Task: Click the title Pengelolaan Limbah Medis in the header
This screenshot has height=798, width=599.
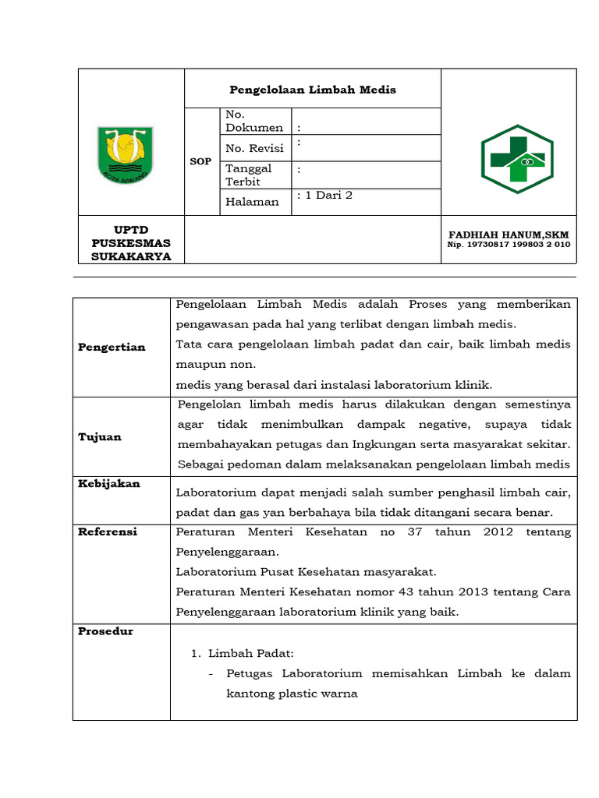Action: [x=312, y=90]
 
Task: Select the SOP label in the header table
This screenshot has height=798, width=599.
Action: [x=201, y=161]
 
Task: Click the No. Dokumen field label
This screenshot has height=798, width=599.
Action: [x=254, y=122]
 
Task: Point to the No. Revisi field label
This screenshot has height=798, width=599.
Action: [x=254, y=148]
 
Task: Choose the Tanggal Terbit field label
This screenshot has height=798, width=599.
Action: [x=249, y=175]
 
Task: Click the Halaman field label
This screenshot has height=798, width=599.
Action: [x=252, y=202]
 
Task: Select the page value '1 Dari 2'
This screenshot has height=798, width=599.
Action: [x=326, y=196]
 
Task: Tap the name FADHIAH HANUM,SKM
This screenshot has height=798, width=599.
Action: [x=509, y=235]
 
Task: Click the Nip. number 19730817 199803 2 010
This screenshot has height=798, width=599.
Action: [x=509, y=245]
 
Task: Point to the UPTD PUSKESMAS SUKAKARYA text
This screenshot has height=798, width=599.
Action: [x=130, y=244]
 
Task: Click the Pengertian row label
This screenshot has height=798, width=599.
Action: [x=112, y=348]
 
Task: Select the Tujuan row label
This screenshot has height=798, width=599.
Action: [x=100, y=437]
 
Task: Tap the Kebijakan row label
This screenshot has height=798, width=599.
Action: [x=109, y=484]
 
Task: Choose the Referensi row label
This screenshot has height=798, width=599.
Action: [x=108, y=531]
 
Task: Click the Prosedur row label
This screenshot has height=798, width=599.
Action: [x=106, y=631]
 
